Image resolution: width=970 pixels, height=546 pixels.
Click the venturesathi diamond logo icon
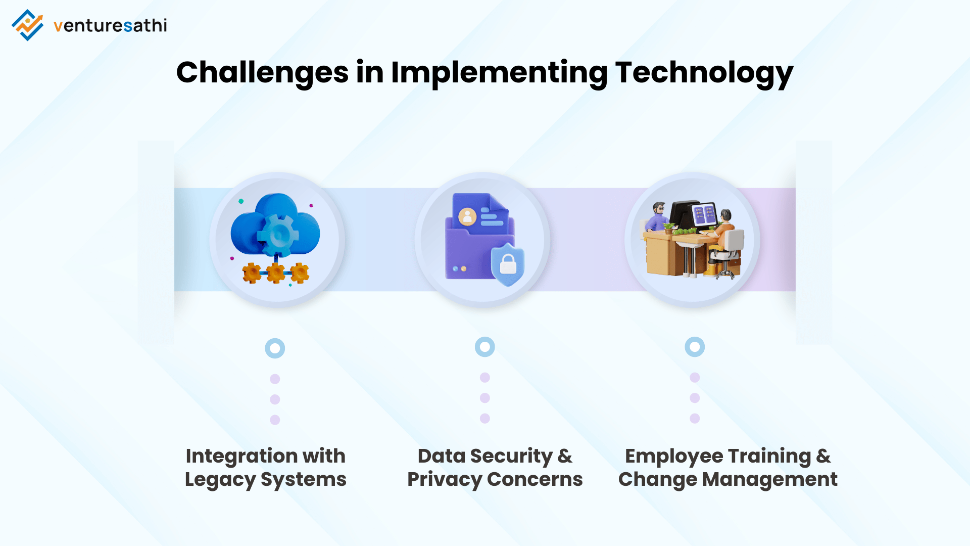click(x=27, y=25)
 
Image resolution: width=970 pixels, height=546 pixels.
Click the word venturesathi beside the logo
click(x=110, y=25)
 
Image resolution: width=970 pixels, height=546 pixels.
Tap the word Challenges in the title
click(x=262, y=72)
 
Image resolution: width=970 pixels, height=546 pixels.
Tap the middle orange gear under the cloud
click(x=276, y=273)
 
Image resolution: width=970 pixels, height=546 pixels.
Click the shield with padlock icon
click(x=508, y=264)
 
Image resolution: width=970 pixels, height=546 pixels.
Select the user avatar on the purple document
click(x=467, y=217)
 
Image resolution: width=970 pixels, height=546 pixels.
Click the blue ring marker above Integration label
click(x=275, y=348)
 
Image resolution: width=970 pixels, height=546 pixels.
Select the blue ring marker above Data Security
click(x=485, y=347)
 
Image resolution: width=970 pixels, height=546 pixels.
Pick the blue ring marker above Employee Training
click(x=695, y=347)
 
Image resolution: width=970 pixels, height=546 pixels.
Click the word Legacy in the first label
click(x=220, y=480)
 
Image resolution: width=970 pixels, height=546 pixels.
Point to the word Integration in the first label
click(x=241, y=457)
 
